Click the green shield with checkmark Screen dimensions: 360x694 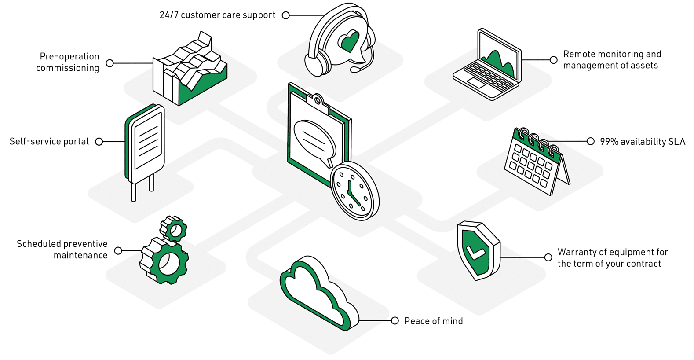[478, 250]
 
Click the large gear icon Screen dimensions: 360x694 [165, 261]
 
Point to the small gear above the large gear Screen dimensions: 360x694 [174, 228]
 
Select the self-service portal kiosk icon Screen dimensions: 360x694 [145, 146]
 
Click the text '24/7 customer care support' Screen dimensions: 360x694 [217, 15]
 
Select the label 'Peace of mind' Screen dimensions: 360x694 [433, 321]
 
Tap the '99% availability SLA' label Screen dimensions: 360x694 [642, 142]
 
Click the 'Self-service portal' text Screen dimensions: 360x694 [49, 142]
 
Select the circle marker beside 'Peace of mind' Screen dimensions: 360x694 [395, 321]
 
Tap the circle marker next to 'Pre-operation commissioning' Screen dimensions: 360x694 [110, 63]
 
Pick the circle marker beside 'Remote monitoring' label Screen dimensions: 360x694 [554, 60]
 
